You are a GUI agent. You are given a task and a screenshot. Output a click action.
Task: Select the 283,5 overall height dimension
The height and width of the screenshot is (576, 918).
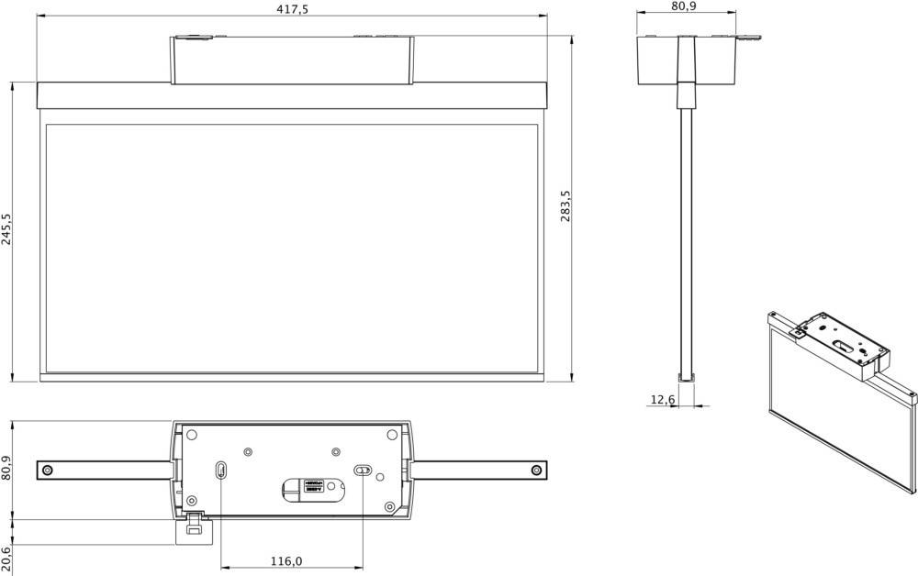click(x=565, y=205)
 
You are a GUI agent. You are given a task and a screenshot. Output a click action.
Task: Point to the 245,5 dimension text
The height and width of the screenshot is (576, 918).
click(x=6, y=230)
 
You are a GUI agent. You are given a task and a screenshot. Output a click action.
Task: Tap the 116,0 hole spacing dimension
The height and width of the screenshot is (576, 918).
click(x=286, y=561)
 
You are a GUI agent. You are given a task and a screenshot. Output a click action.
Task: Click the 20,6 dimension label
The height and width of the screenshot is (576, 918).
click(x=6, y=557)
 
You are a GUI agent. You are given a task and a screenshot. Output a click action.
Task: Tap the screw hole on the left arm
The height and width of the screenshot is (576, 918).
click(x=48, y=471)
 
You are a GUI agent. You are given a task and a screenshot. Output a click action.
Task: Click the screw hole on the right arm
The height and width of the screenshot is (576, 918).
click(x=536, y=471)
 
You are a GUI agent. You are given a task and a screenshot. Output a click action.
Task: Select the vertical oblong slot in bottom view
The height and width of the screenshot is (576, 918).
click(x=221, y=471)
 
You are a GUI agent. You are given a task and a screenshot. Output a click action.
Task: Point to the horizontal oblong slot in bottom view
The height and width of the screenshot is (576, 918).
click(x=364, y=471)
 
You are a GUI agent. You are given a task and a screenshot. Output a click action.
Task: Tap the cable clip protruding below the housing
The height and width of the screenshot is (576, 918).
click(x=195, y=526)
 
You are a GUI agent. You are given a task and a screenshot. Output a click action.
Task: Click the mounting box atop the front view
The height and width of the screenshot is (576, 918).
click(x=292, y=61)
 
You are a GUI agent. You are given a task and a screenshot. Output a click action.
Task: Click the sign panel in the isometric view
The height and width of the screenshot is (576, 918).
click(x=835, y=413)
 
